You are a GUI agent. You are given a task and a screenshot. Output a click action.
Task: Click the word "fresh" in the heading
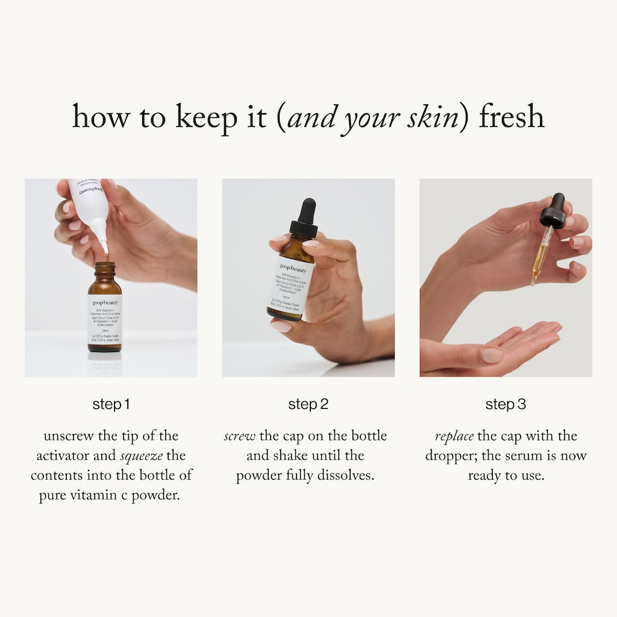[x=512, y=117]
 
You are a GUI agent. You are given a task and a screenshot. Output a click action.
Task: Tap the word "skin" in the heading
[x=432, y=117]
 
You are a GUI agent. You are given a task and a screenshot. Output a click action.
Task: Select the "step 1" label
[x=111, y=404]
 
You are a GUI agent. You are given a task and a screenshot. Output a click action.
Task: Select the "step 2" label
[x=308, y=404]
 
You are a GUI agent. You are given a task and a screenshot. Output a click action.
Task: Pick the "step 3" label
[x=506, y=404]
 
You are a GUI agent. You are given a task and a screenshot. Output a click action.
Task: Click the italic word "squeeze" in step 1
[x=141, y=456]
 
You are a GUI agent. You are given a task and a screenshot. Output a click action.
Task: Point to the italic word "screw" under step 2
[x=240, y=436]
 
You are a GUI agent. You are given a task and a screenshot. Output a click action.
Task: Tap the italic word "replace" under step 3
[x=454, y=436]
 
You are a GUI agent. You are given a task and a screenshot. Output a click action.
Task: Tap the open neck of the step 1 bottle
[x=105, y=266]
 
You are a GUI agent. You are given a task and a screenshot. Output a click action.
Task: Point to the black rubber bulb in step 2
[x=307, y=210]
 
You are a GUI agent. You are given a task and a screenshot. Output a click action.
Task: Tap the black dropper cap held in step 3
[x=553, y=213]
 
